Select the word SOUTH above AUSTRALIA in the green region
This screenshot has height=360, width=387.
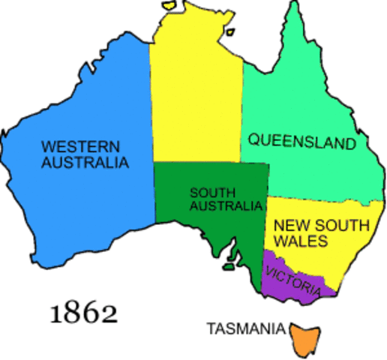(x=206, y=191)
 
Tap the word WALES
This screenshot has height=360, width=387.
(x=300, y=241)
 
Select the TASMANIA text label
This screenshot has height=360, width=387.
(x=246, y=328)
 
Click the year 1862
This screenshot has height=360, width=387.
(x=83, y=312)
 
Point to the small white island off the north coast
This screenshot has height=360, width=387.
(x=172, y=7)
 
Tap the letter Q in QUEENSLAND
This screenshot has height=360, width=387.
(x=253, y=140)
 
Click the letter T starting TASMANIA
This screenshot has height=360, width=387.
(x=211, y=328)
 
